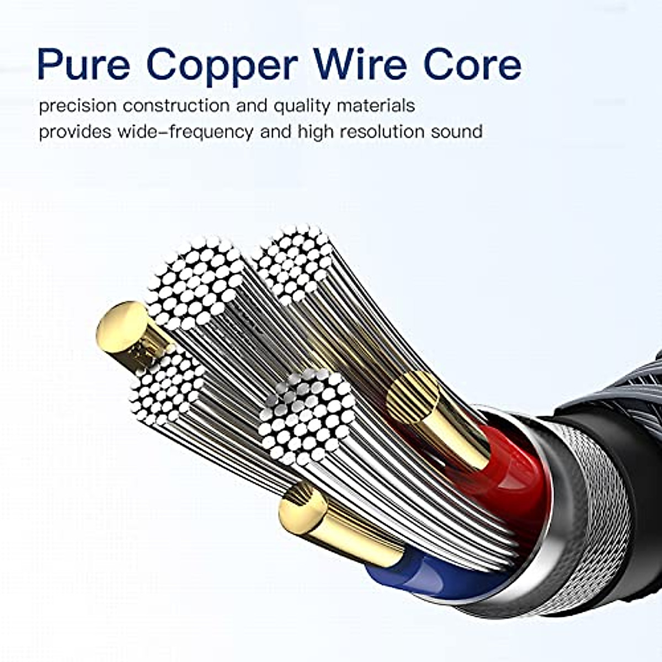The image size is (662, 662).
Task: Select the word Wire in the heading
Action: [x=362, y=65]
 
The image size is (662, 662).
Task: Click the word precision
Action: [x=77, y=105]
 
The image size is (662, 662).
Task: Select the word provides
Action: [x=74, y=132]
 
